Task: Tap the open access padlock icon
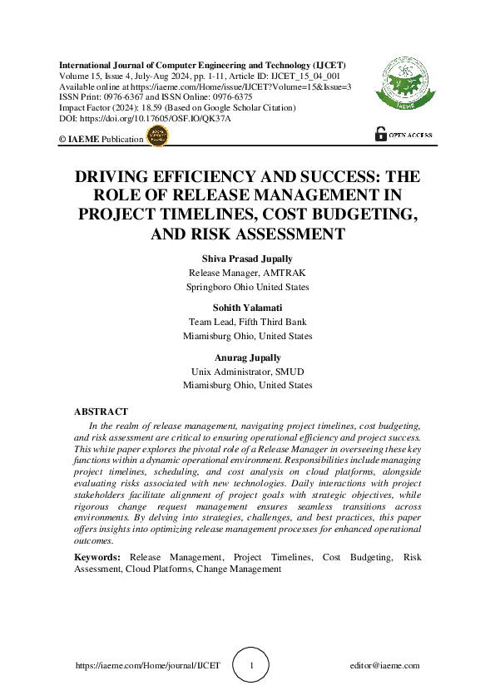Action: pyautogui.click(x=381, y=133)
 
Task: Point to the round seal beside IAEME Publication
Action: pyautogui.click(x=156, y=138)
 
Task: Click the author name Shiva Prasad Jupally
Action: pyautogui.click(x=248, y=259)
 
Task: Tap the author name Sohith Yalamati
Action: pyautogui.click(x=248, y=308)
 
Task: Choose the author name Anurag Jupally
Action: pyautogui.click(x=248, y=357)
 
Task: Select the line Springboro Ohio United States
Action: pyautogui.click(x=248, y=287)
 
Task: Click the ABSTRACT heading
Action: pyautogui.click(x=101, y=412)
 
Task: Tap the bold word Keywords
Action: pyautogui.click(x=98, y=556)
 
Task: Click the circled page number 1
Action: pyautogui.click(x=253, y=665)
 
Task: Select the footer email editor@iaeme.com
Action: pyautogui.click(x=385, y=665)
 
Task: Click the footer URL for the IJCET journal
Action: pyautogui.click(x=147, y=665)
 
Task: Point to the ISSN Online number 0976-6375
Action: pyautogui.click(x=229, y=97)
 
